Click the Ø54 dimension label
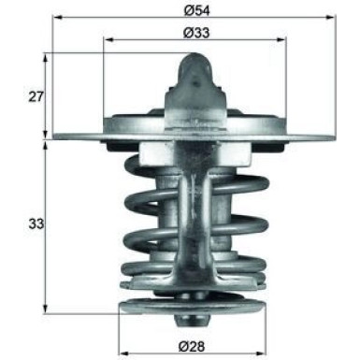[x=194, y=9]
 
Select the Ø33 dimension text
[x=194, y=33]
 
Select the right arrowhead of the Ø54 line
[x=331, y=18]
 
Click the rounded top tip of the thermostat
[x=194, y=58]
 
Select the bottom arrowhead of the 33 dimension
[x=45, y=311]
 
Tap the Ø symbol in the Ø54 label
[x=187, y=9]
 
